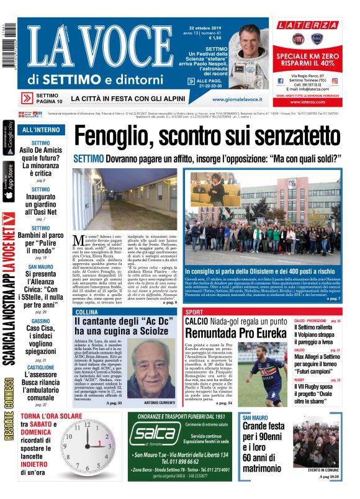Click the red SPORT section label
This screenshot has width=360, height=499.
194,312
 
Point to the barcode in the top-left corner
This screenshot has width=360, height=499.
6,37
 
